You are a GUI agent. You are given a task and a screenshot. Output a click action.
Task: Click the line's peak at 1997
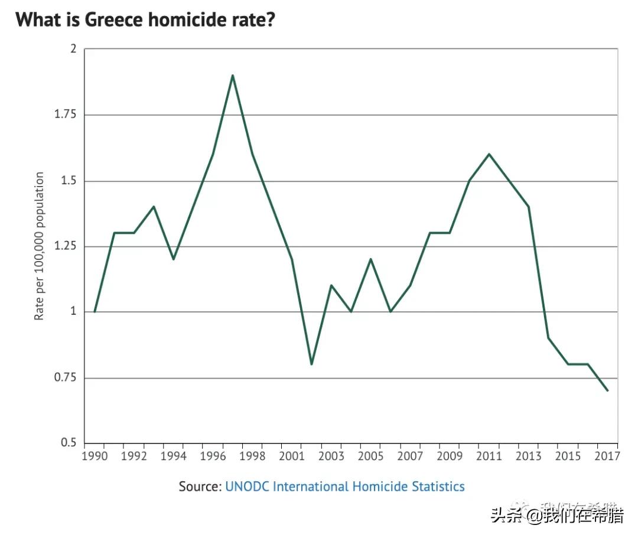pyautogui.click(x=233, y=76)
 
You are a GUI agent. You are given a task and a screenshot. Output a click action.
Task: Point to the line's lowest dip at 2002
pyautogui.click(x=311, y=364)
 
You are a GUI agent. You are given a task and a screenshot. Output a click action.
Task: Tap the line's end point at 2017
pyautogui.click(x=607, y=390)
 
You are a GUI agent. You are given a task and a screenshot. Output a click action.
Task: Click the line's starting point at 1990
pyautogui.click(x=95, y=312)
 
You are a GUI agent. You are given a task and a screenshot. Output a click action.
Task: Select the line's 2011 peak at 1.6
pyautogui.click(x=489, y=154)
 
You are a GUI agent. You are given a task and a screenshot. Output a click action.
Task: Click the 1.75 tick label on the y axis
pyautogui.click(x=65, y=115)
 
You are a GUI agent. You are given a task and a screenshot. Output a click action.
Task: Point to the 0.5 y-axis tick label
pyautogui.click(x=69, y=443)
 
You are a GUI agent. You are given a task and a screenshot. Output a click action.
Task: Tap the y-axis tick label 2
pyautogui.click(x=74, y=49)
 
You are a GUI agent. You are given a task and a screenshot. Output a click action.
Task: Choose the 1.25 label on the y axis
pyautogui.click(x=65, y=246)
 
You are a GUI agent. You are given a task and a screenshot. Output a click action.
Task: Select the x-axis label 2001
pyautogui.click(x=291, y=457)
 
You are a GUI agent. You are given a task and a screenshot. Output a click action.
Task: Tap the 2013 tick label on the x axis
pyautogui.click(x=528, y=457)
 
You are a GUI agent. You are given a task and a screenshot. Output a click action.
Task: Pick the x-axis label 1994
pyautogui.click(x=173, y=457)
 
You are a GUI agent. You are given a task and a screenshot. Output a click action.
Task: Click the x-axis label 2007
pyautogui.click(x=410, y=457)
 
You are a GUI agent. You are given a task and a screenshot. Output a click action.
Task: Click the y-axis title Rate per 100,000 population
pyautogui.click(x=40, y=246)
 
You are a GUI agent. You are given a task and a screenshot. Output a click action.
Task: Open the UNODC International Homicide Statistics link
pyautogui.click(x=345, y=487)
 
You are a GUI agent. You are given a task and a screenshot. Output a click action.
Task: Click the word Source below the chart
pyautogui.click(x=200, y=487)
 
